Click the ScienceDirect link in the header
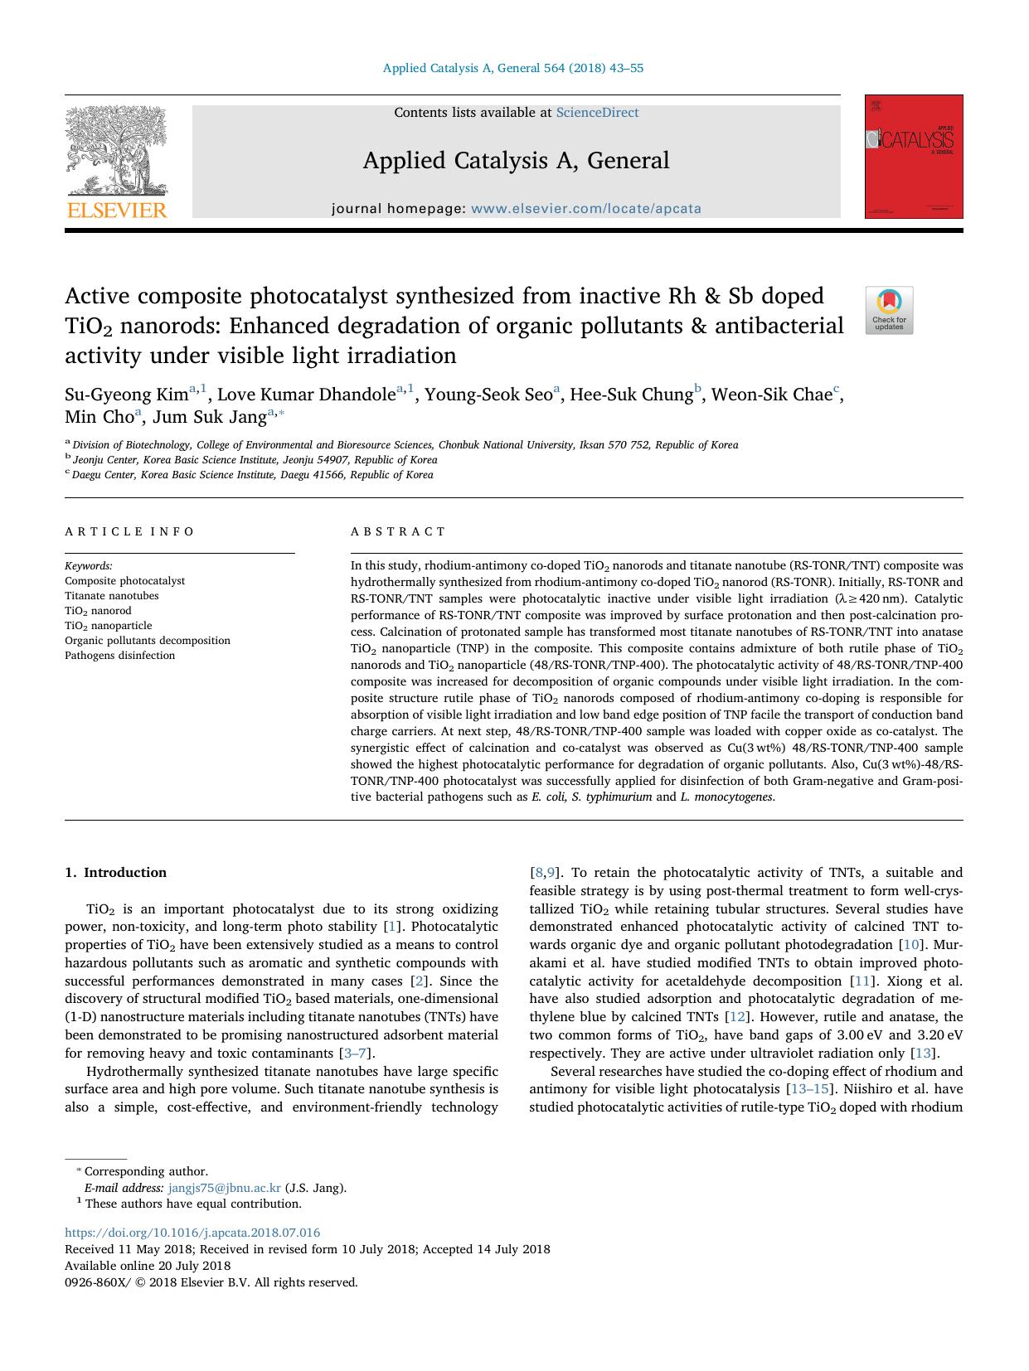tap(597, 113)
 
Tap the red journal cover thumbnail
tap(914, 157)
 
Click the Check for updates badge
tap(889, 310)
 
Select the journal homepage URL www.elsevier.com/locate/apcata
tap(586, 209)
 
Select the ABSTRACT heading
tap(398, 531)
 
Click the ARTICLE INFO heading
tap(129, 531)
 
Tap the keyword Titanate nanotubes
tap(112, 596)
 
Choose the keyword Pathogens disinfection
tap(120, 656)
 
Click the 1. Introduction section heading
tap(116, 872)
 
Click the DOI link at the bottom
tap(192, 1233)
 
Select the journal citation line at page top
tap(513, 68)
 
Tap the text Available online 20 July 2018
tap(148, 1266)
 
